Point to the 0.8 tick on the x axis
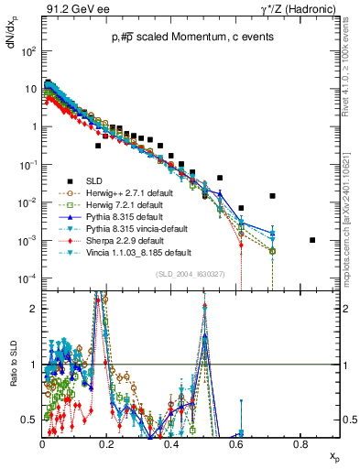point(300,444)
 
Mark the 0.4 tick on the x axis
point(171,444)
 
